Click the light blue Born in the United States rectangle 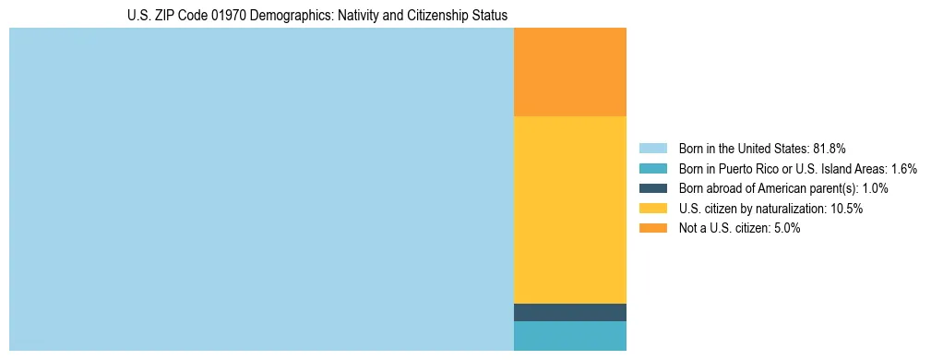click(261, 189)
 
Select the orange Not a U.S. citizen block click(569, 72)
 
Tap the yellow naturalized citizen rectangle click(569, 210)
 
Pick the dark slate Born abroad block click(569, 312)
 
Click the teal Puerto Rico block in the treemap click(569, 336)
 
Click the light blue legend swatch click(653, 148)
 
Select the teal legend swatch click(653, 168)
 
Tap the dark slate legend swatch click(653, 188)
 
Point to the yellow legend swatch click(653, 209)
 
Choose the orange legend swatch click(653, 229)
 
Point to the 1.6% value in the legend click(903, 168)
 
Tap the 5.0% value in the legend click(784, 229)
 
